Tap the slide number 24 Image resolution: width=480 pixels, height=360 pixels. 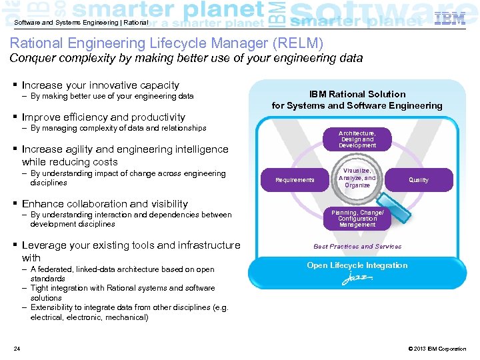click(x=17, y=349)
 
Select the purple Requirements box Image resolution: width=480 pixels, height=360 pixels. click(x=295, y=180)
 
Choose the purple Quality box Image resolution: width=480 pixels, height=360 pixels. click(x=419, y=180)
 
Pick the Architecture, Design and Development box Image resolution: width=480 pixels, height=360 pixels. click(x=357, y=139)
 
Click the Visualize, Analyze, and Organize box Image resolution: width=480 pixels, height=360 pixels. click(x=357, y=178)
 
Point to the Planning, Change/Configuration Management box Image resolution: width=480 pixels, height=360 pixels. click(x=357, y=219)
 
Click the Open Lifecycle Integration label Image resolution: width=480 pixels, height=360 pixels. click(x=357, y=265)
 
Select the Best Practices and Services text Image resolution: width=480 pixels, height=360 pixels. click(x=357, y=247)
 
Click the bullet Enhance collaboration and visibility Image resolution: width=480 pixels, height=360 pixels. click(x=105, y=204)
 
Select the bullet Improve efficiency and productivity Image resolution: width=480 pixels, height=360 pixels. click(x=103, y=117)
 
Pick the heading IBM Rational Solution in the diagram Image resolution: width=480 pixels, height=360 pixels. click(x=357, y=94)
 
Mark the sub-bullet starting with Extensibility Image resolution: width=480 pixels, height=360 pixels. click(x=129, y=312)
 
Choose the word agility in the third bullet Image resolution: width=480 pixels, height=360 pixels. click(x=86, y=149)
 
